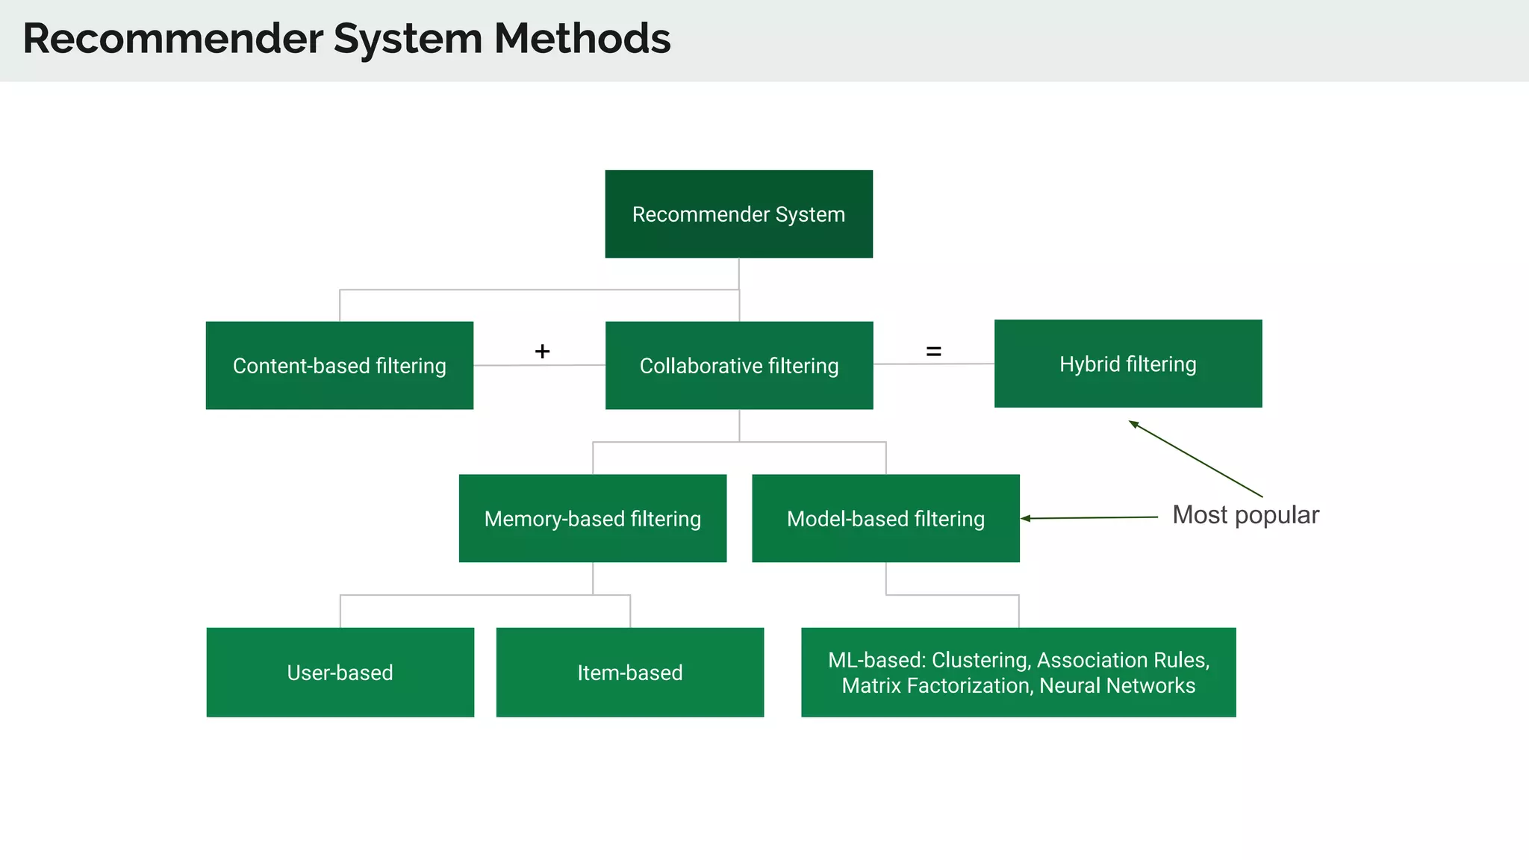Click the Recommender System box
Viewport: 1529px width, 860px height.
(738, 214)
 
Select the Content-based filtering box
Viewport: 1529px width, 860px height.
(339, 366)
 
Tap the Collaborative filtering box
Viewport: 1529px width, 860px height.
(738, 366)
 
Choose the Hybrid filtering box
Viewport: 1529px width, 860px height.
(1127, 364)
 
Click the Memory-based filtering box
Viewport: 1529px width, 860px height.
(592, 518)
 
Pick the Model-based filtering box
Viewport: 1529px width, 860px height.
(885, 518)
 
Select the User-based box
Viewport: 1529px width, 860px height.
(340, 672)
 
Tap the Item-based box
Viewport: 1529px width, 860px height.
(629, 672)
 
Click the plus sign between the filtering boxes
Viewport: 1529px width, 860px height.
(542, 351)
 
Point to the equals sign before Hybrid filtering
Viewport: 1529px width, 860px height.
(933, 351)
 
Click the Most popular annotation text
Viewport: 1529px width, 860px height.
(1245, 515)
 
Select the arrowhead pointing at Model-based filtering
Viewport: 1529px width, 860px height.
(1026, 518)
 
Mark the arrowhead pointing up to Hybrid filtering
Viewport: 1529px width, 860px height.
(1133, 425)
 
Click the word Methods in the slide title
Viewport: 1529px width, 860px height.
(582, 39)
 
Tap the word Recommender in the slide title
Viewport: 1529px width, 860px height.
(172, 39)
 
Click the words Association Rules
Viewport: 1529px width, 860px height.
(1122, 660)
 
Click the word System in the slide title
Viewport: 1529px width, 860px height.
(408, 39)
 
